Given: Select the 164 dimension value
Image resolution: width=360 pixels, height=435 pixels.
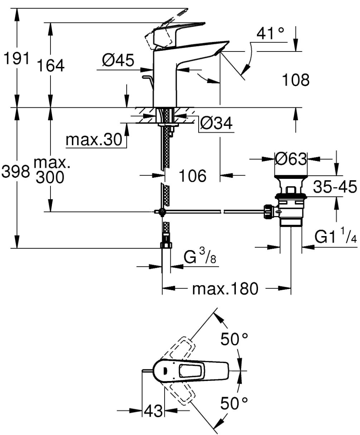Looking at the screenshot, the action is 51,65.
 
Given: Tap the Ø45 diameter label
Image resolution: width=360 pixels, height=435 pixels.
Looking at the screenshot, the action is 118,60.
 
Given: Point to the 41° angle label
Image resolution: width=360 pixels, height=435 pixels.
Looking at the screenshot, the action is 270,33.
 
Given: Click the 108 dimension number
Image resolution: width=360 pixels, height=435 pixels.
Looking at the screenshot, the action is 296,80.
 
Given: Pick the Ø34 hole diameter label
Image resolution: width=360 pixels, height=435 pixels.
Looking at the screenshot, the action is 216,123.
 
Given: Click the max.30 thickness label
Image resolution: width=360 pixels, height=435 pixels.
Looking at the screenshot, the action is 94,140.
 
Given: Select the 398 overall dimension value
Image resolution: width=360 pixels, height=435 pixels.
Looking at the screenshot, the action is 16,171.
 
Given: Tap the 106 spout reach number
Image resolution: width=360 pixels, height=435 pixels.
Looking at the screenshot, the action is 193,176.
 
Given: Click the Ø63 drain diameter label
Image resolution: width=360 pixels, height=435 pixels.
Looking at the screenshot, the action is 291,159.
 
